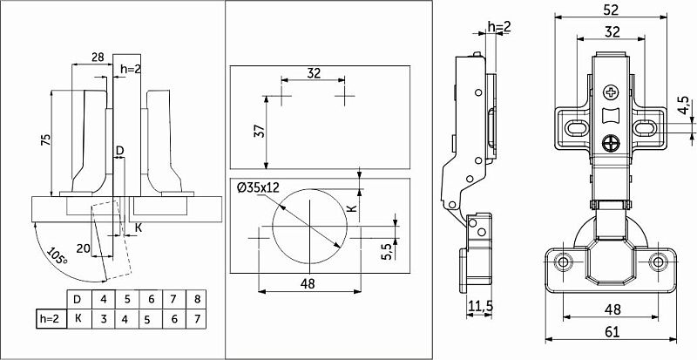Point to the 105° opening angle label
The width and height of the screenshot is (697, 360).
point(58,257)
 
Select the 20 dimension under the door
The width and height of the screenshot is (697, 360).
point(83,248)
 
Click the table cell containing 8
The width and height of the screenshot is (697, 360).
point(199,301)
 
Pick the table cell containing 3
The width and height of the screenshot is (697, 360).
point(104,319)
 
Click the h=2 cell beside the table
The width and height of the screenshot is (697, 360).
point(49,319)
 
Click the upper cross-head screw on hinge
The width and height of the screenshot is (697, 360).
point(611,91)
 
